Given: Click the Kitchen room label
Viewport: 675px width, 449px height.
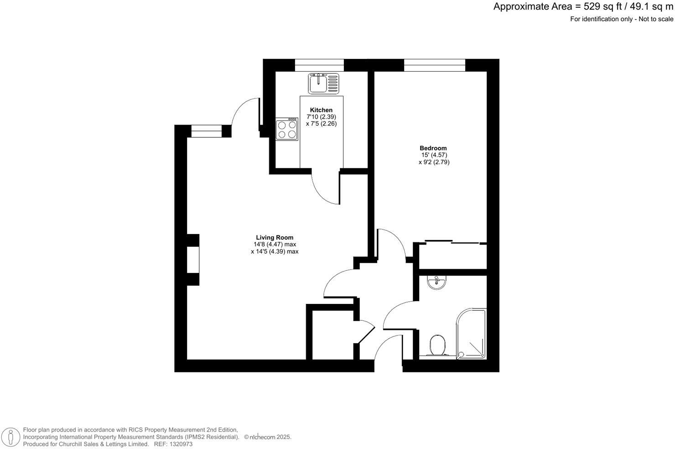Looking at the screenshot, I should click(321, 110).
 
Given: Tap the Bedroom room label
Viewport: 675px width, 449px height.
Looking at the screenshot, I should click(433, 148).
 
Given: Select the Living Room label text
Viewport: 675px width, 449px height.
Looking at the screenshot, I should click(274, 237).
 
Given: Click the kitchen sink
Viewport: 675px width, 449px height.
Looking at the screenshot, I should click(324, 83).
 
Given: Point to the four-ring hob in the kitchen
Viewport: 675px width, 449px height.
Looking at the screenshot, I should click(286, 129).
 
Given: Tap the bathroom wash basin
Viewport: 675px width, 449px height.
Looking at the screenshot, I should click(436, 283).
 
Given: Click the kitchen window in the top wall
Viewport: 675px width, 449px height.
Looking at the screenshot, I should click(319, 65).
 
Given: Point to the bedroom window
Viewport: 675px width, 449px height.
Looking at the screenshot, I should click(434, 65).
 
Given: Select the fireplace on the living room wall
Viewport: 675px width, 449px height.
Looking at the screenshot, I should click(193, 260).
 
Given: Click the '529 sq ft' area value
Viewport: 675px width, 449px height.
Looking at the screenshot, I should click(602, 7).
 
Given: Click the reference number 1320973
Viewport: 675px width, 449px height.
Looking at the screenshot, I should click(180, 444).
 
